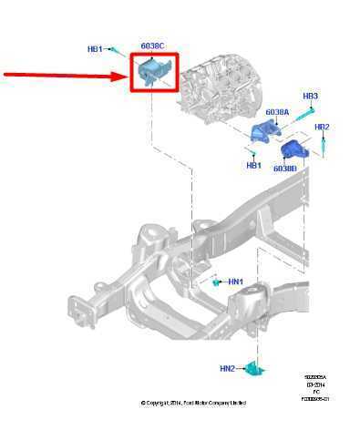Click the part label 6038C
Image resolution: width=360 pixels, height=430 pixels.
[151, 46]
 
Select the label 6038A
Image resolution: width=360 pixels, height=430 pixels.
[277, 112]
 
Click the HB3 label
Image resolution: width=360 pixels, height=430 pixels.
[310, 96]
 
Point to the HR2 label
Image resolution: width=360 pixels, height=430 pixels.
[321, 127]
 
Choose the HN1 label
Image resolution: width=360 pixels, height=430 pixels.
[235, 282]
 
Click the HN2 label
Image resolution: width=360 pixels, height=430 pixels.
[227, 369]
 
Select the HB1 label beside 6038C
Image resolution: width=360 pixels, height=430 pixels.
[95, 48]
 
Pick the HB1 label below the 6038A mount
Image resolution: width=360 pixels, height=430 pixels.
[253, 165]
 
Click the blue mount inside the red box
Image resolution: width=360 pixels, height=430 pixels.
[151, 70]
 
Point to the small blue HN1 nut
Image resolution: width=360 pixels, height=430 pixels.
[217, 282]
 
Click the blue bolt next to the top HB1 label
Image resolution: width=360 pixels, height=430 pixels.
[117, 51]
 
